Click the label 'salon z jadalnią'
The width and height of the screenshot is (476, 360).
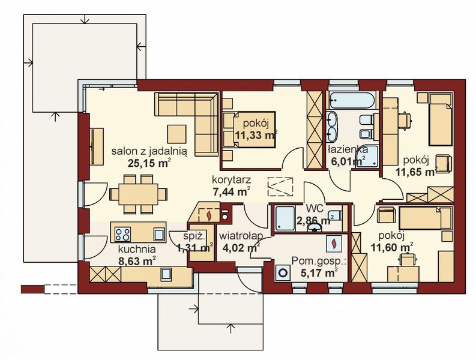pyautogui.click(x=149, y=152)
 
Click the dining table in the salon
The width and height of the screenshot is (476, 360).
pyautogui.click(x=135, y=193)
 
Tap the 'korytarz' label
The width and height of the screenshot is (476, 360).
pyautogui.click(x=230, y=181)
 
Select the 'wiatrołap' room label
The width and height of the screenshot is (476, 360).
pyautogui.click(x=239, y=235)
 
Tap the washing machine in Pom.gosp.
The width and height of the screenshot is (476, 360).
pyautogui.click(x=282, y=271)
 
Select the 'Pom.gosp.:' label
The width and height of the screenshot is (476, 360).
pyautogui.click(x=319, y=262)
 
